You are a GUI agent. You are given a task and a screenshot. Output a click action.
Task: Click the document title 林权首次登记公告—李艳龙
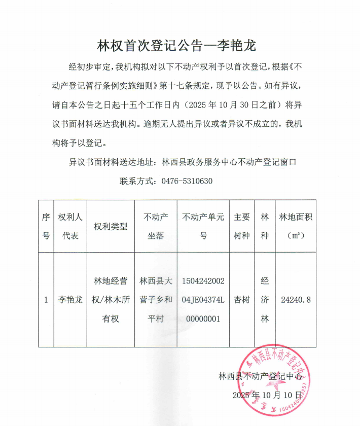coord(177,46)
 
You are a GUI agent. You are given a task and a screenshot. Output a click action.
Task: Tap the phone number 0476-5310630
coord(187,181)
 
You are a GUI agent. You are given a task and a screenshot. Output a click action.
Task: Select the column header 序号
coord(46,226)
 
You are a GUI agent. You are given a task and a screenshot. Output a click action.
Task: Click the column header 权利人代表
coord(70,226)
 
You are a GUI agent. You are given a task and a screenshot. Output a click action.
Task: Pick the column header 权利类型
coord(111,226)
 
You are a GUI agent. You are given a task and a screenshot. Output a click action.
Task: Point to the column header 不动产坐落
coord(156,226)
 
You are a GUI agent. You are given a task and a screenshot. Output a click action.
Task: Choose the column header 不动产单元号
coord(203,226)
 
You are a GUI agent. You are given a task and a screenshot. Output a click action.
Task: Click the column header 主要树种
coord(242,226)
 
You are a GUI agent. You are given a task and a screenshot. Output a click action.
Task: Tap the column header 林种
coord(264,226)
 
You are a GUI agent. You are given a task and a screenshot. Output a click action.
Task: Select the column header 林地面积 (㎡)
coord(296,226)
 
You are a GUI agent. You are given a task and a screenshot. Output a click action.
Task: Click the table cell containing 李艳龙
coord(70,300)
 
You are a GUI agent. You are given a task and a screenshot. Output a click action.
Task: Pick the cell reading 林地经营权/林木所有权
coord(111,300)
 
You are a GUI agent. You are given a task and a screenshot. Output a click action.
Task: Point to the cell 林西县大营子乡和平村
coord(156,300)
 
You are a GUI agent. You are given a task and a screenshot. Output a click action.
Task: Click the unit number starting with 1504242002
coord(203,300)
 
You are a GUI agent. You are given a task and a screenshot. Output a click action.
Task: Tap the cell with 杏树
coord(242,300)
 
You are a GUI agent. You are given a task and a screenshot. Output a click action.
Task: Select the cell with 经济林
coord(264,300)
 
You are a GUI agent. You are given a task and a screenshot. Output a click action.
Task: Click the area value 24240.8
coord(296,300)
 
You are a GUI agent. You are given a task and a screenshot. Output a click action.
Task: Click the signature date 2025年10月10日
coord(267,394)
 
